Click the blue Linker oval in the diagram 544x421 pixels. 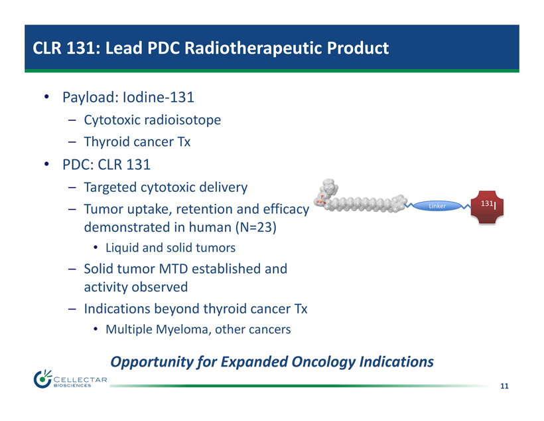pyautogui.click(x=437, y=206)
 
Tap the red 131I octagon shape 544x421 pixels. pyautogui.click(x=487, y=207)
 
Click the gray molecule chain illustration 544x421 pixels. pyautogui.click(x=361, y=198)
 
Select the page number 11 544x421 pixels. pyautogui.click(x=504, y=386)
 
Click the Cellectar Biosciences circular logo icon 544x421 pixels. pyautogui.click(x=42, y=379)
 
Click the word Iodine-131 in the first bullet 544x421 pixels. pyautogui.click(x=159, y=97)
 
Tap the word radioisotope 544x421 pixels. pyautogui.click(x=182, y=120)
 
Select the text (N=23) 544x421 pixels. pyautogui.click(x=256, y=227)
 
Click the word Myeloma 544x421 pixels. pyautogui.click(x=183, y=329)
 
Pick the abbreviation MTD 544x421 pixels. pyautogui.click(x=173, y=269)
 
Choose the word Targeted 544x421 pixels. pyautogui.click(x=110, y=187)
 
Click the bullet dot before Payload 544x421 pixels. pyautogui.click(x=47, y=96)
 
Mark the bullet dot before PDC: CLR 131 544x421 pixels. pyautogui.click(x=47, y=164)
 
